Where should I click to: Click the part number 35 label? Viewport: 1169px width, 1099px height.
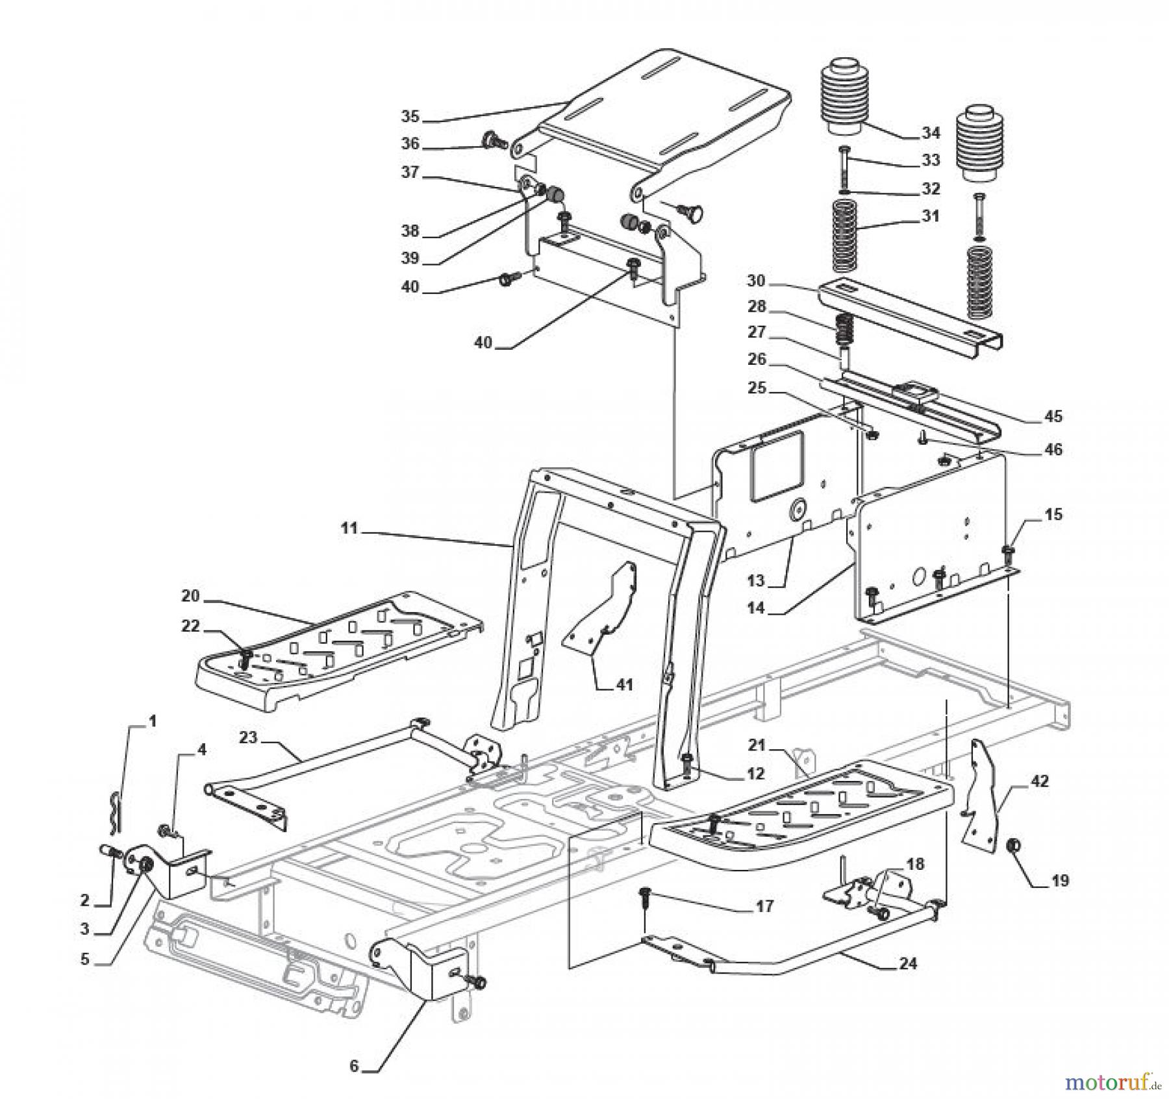click(410, 117)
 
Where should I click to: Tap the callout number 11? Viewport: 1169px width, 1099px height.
click(349, 528)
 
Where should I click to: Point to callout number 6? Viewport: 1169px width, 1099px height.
click(354, 1067)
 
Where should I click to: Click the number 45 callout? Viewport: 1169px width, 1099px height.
click(1053, 416)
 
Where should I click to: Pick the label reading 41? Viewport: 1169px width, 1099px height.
click(624, 684)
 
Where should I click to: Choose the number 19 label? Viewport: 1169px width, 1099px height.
click(1059, 881)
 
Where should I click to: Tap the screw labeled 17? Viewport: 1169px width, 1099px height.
click(645, 896)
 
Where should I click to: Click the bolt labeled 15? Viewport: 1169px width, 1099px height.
click(1008, 554)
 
